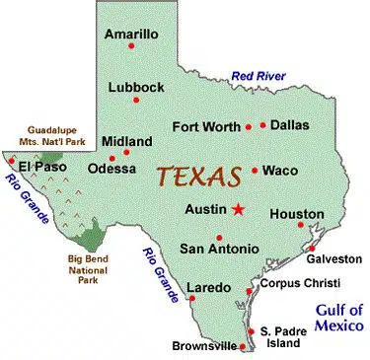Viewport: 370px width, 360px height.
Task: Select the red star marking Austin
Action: click(x=237, y=209)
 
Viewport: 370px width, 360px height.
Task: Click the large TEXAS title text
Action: click(x=200, y=179)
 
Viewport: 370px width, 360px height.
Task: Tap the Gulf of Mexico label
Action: click(x=339, y=317)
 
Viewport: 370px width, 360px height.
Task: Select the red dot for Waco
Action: click(x=255, y=170)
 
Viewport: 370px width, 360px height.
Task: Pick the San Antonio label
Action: click(x=219, y=248)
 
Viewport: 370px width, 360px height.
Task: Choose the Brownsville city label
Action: click(x=204, y=346)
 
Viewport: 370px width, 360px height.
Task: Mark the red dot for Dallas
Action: click(x=263, y=125)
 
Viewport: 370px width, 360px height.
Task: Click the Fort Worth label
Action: click(x=205, y=126)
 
